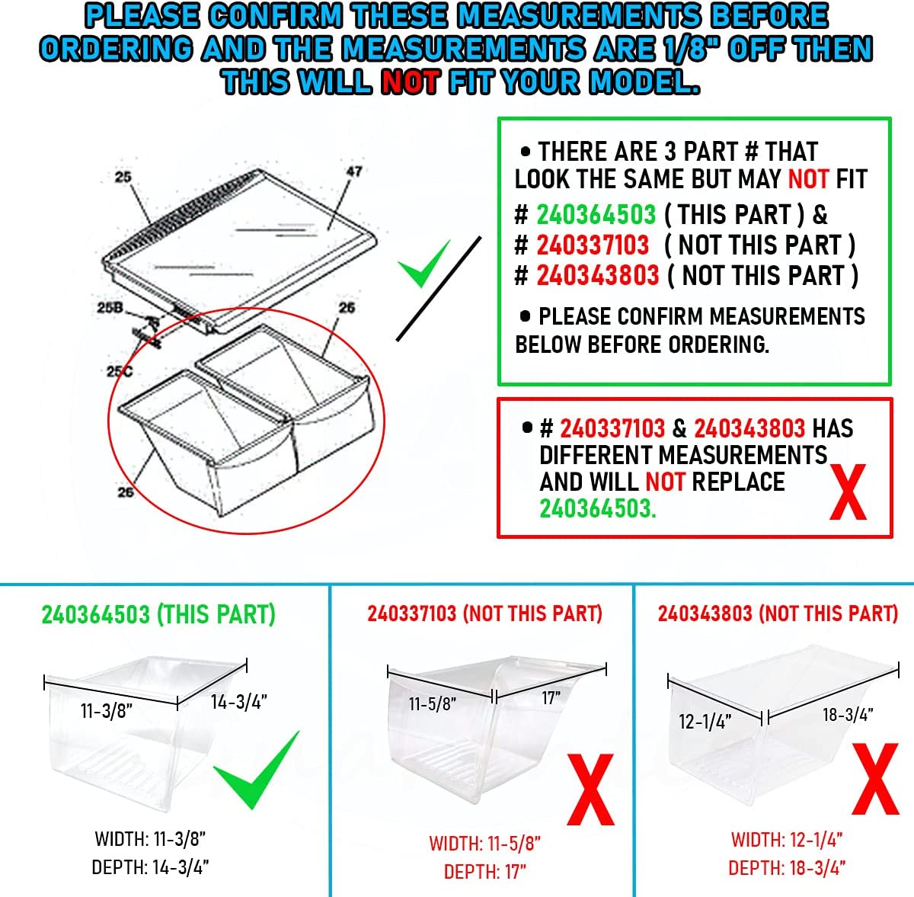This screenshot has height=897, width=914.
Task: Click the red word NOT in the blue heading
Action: coord(411,82)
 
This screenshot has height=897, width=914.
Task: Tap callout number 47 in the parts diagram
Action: coord(354,171)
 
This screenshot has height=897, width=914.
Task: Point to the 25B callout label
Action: coord(110,308)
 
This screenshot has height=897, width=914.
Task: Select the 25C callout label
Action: coord(119,371)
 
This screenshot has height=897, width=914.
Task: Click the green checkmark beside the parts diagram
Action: coord(423,264)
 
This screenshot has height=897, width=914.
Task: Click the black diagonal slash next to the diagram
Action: coord(439,289)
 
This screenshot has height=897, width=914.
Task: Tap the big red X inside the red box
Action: coord(848,492)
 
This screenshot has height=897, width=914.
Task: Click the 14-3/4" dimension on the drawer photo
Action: coord(239,701)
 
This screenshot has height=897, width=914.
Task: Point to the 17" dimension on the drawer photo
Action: coord(551,697)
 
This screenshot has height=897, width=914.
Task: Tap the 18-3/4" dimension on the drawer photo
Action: coord(848,714)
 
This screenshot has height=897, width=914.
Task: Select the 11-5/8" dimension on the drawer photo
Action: coord(433,704)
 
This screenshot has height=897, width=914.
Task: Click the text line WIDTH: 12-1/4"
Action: coord(787,840)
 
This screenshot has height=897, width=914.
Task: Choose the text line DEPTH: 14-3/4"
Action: coord(150,867)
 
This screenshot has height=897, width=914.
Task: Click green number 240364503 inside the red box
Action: coord(598,509)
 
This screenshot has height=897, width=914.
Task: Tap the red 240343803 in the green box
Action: coord(598,275)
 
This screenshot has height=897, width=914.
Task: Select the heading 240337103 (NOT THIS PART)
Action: coord(484,613)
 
